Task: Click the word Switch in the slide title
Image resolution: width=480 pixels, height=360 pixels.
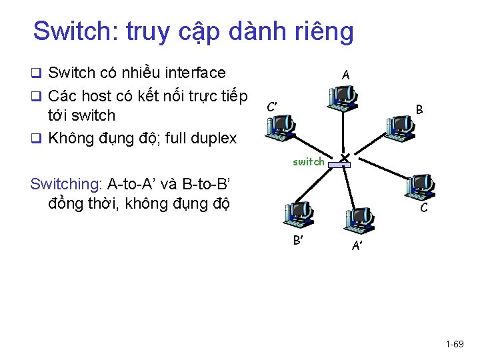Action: (x=73, y=31)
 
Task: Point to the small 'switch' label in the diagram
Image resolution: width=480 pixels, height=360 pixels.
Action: (x=309, y=161)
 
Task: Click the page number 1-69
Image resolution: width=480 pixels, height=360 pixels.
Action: (x=455, y=344)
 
